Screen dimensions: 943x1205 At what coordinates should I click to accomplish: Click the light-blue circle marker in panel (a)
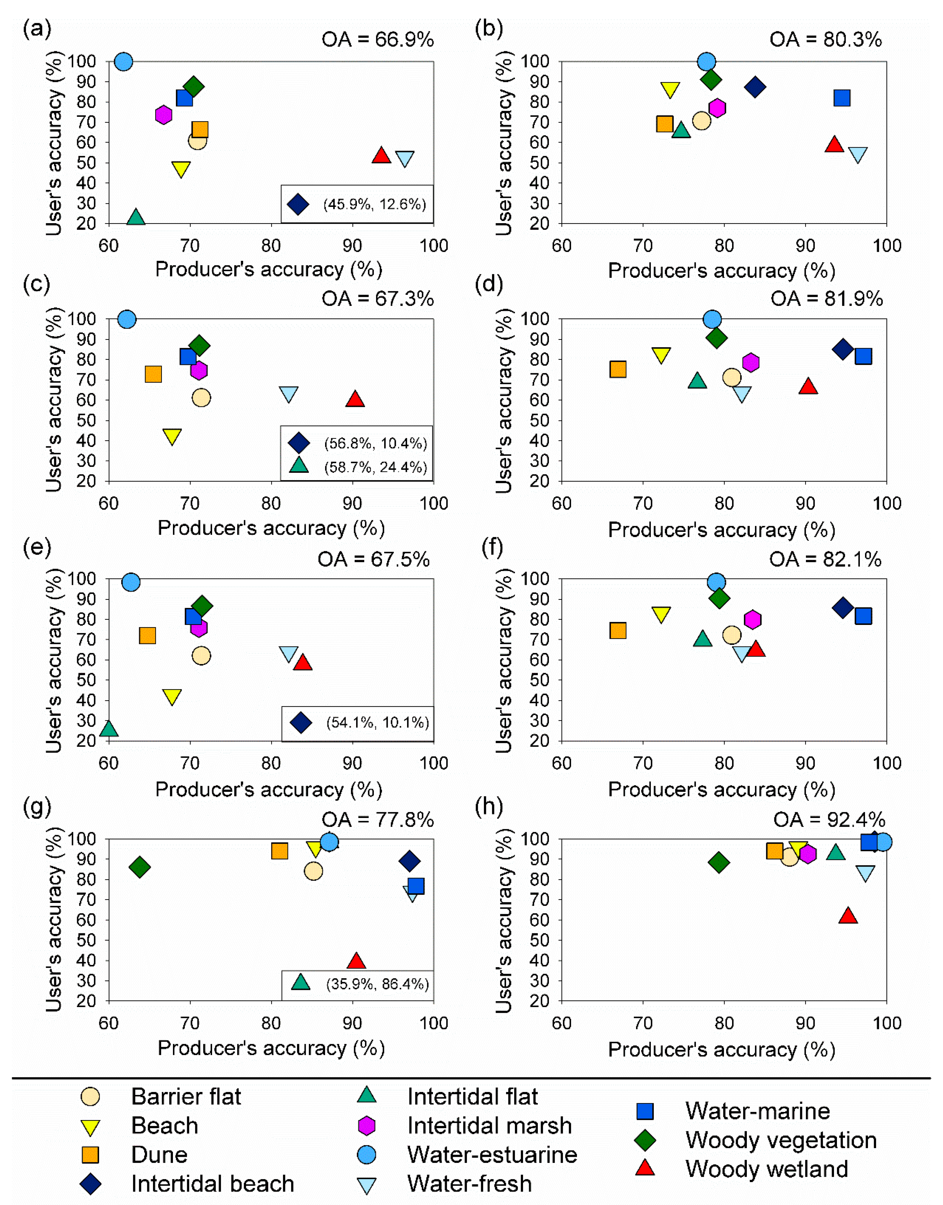(x=124, y=61)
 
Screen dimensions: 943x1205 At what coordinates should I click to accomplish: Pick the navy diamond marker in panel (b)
(x=755, y=87)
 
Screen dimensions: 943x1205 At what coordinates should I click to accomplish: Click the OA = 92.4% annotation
(x=829, y=820)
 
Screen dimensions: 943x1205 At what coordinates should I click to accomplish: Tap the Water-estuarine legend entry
(x=467, y=1154)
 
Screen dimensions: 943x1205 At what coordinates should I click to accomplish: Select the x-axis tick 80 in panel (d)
(x=724, y=504)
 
